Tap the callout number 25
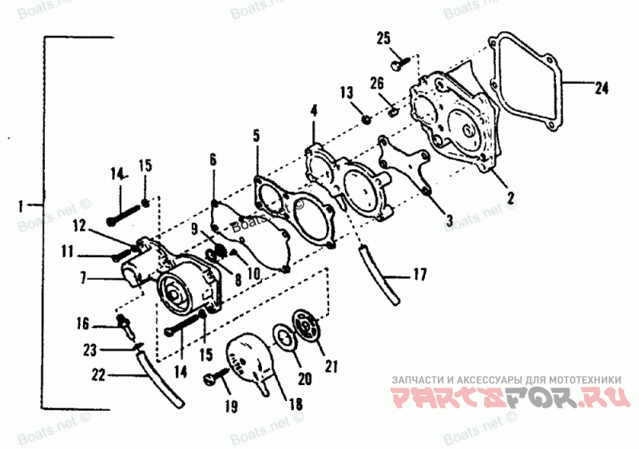click(383, 38)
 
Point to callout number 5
click(256, 135)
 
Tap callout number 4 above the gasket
click(314, 109)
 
